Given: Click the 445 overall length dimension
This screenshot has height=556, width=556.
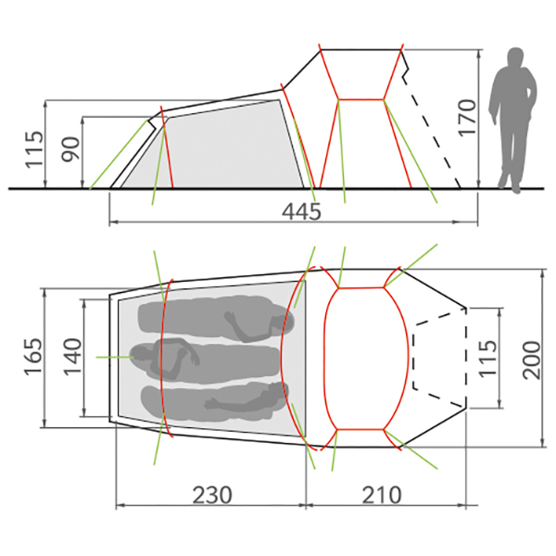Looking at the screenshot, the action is [301, 212].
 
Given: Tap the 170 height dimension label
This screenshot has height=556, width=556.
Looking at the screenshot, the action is [467, 118].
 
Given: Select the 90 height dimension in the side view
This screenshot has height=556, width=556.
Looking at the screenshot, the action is [71, 149].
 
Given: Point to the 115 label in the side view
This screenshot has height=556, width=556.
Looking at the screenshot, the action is [34, 149].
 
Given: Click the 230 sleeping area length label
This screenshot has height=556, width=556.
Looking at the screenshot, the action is [212, 495].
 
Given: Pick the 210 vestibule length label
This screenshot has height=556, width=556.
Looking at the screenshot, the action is [382, 495].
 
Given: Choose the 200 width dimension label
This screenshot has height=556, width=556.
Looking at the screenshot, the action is [532, 360].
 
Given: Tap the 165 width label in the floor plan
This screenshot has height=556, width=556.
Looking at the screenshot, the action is [33, 357].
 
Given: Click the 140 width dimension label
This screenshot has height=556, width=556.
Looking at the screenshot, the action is [72, 357].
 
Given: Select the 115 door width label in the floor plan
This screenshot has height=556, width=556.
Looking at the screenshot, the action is [487, 358].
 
